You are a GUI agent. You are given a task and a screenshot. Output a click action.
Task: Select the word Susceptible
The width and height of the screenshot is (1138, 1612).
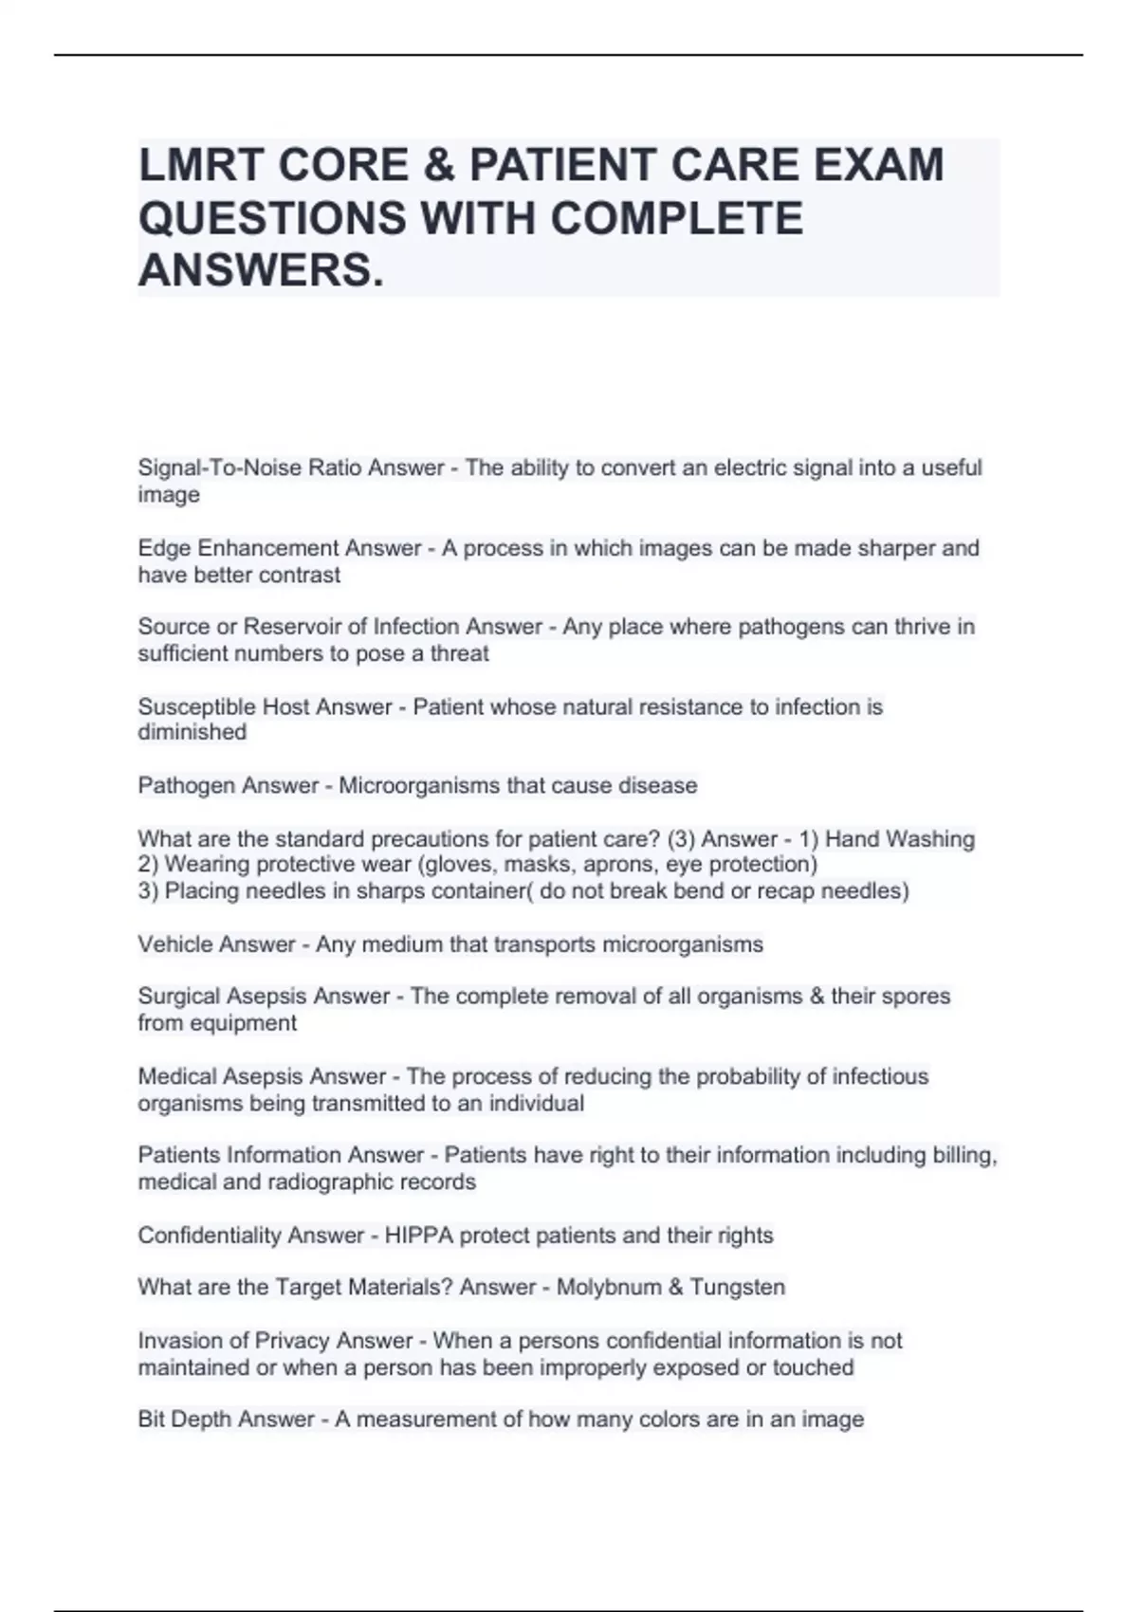click(196, 706)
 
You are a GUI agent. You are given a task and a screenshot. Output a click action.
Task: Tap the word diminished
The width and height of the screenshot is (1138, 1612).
click(192, 732)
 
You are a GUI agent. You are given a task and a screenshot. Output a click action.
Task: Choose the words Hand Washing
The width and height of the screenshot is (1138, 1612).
click(900, 839)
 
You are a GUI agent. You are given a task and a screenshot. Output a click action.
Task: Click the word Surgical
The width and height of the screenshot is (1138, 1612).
click(182, 997)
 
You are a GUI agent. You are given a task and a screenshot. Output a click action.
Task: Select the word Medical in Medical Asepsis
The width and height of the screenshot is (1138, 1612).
click(176, 1077)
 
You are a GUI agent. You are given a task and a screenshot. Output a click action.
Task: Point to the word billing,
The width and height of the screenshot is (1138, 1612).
click(965, 1155)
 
